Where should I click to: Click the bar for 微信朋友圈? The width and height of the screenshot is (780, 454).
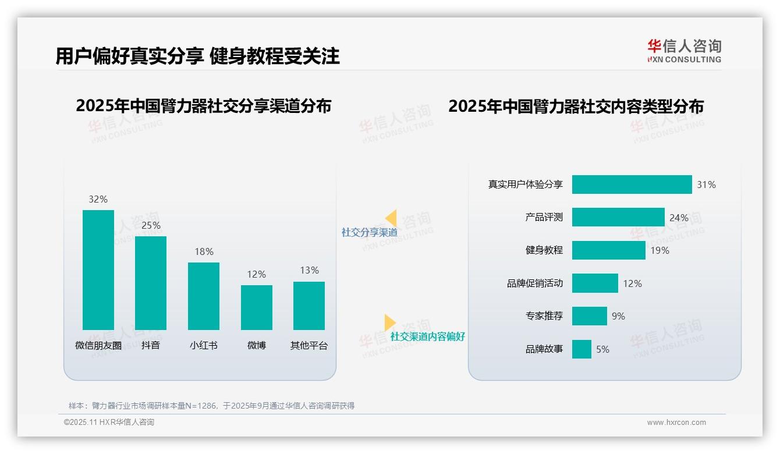[98, 270]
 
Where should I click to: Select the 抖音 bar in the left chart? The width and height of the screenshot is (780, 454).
[151, 283]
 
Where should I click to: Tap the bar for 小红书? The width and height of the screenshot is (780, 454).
[204, 296]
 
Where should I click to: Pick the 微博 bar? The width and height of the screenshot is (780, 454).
[257, 307]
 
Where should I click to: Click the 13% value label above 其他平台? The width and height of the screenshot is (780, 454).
[310, 270]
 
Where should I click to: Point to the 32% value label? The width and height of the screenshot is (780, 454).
[98, 199]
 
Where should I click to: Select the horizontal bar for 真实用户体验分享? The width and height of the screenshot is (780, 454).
[632, 185]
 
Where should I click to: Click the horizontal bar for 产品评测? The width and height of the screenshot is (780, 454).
[618, 217]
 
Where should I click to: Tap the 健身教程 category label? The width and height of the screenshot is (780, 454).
[544, 250]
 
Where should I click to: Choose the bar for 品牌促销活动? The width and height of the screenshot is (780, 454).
[595, 283]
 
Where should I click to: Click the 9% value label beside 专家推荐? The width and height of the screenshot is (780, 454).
[618, 316]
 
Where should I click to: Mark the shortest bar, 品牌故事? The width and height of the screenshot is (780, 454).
[582, 349]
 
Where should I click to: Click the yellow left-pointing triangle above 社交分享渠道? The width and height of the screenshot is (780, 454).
[391, 218]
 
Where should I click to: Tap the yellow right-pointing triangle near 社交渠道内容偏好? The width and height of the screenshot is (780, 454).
[389, 322]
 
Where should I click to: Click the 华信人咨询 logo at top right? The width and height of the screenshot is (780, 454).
[684, 51]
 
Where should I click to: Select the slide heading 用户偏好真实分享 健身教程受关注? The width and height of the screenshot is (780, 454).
[197, 56]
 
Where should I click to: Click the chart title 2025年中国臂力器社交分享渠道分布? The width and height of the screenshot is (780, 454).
[203, 106]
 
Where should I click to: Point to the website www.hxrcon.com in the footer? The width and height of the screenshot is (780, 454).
[676, 423]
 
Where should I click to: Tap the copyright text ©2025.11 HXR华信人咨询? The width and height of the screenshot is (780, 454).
[109, 423]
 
